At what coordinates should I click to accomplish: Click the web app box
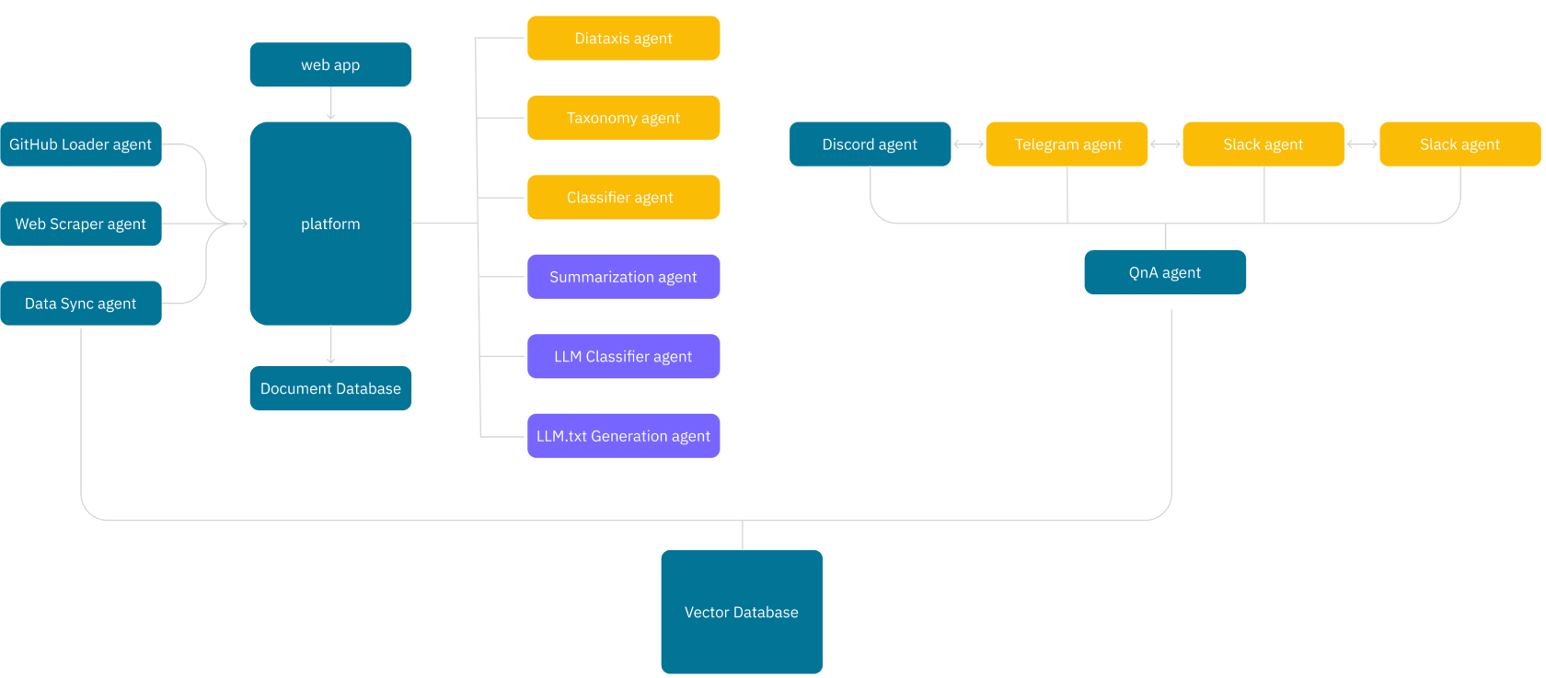(330, 64)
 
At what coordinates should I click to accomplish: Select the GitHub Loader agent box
(81, 144)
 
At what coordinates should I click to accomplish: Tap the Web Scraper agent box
(81, 224)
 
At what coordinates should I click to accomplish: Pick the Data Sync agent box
(81, 304)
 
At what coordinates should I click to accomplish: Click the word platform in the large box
(330, 224)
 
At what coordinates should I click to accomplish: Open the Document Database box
(330, 388)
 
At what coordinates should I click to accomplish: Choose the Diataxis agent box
(623, 38)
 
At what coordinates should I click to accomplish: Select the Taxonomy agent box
(623, 118)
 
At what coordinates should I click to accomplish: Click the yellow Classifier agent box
(623, 197)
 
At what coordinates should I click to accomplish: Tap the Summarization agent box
(623, 277)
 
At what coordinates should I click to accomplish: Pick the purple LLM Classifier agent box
(623, 357)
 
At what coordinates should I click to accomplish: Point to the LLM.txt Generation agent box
(623, 436)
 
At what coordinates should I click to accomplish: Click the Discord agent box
(870, 144)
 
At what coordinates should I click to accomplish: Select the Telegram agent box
(1067, 144)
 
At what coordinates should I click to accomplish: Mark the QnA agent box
(1165, 272)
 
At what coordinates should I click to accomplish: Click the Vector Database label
(742, 613)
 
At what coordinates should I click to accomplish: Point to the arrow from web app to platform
(330, 103)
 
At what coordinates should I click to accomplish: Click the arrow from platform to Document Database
(330, 344)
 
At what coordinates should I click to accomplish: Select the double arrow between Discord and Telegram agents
(968, 144)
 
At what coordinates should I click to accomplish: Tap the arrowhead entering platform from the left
(244, 224)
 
